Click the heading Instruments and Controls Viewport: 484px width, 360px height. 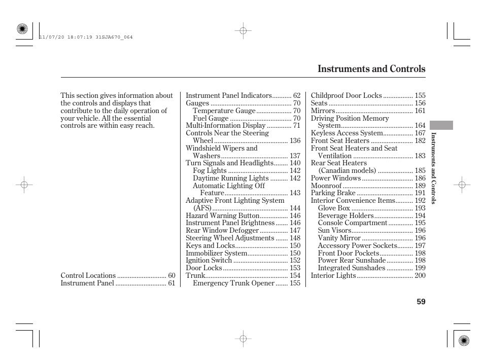[371, 69]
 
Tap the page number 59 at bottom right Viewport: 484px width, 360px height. [421, 302]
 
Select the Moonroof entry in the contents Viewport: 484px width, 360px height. [326, 186]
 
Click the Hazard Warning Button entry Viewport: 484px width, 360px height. [223, 215]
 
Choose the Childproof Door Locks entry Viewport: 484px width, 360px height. [346, 95]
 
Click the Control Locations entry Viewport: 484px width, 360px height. [88, 275]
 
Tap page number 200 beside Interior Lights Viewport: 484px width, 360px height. [420, 275]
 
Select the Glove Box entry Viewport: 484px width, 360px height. [334, 208]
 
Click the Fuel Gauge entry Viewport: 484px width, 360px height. [211, 118]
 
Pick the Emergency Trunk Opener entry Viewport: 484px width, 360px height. [233, 283]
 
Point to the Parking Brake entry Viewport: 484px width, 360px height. [333, 193]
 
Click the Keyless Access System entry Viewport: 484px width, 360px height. [347, 133]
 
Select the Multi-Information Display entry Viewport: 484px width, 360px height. [226, 125]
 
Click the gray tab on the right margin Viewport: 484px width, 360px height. [440, 125]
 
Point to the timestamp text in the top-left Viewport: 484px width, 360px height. [85, 37]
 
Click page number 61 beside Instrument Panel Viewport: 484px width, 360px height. [171, 283]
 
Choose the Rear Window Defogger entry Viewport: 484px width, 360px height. [222, 230]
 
